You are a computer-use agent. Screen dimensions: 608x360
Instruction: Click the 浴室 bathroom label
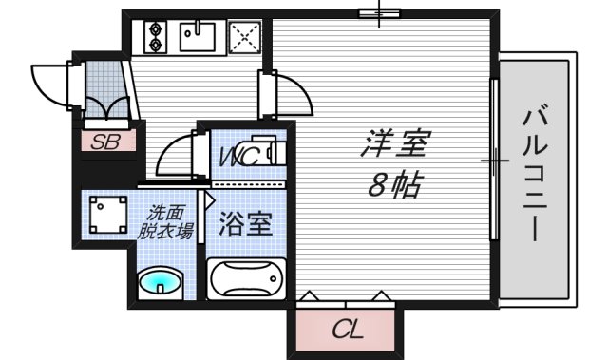pyautogui.click(x=247, y=224)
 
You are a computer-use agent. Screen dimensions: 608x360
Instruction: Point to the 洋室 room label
pyautogui.click(x=395, y=145)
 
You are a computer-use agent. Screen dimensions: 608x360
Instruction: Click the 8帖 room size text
pyautogui.click(x=394, y=186)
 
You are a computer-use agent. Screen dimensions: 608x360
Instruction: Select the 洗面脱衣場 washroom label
pyautogui.click(x=167, y=221)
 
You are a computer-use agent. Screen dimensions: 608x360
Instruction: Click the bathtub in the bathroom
pyautogui.click(x=246, y=278)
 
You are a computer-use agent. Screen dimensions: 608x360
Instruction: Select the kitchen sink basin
pyautogui.click(x=199, y=38)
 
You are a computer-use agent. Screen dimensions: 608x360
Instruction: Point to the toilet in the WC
pyautogui.click(x=270, y=153)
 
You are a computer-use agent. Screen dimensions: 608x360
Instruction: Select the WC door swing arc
pyautogui.click(x=175, y=156)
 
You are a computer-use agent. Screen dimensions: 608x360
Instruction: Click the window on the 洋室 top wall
pyautogui.click(x=376, y=12)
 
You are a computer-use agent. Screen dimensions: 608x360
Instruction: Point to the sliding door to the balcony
pyautogui.click(x=495, y=161)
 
